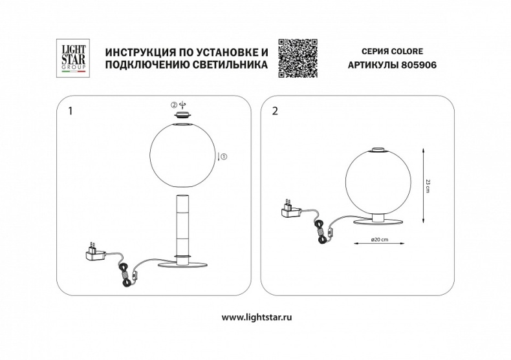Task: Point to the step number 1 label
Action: (70, 111)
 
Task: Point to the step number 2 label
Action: (276, 111)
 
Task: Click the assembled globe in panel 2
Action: (375, 182)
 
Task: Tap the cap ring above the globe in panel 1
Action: (182, 115)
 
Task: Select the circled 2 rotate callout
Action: (177, 104)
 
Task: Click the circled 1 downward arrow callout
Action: (223, 156)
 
